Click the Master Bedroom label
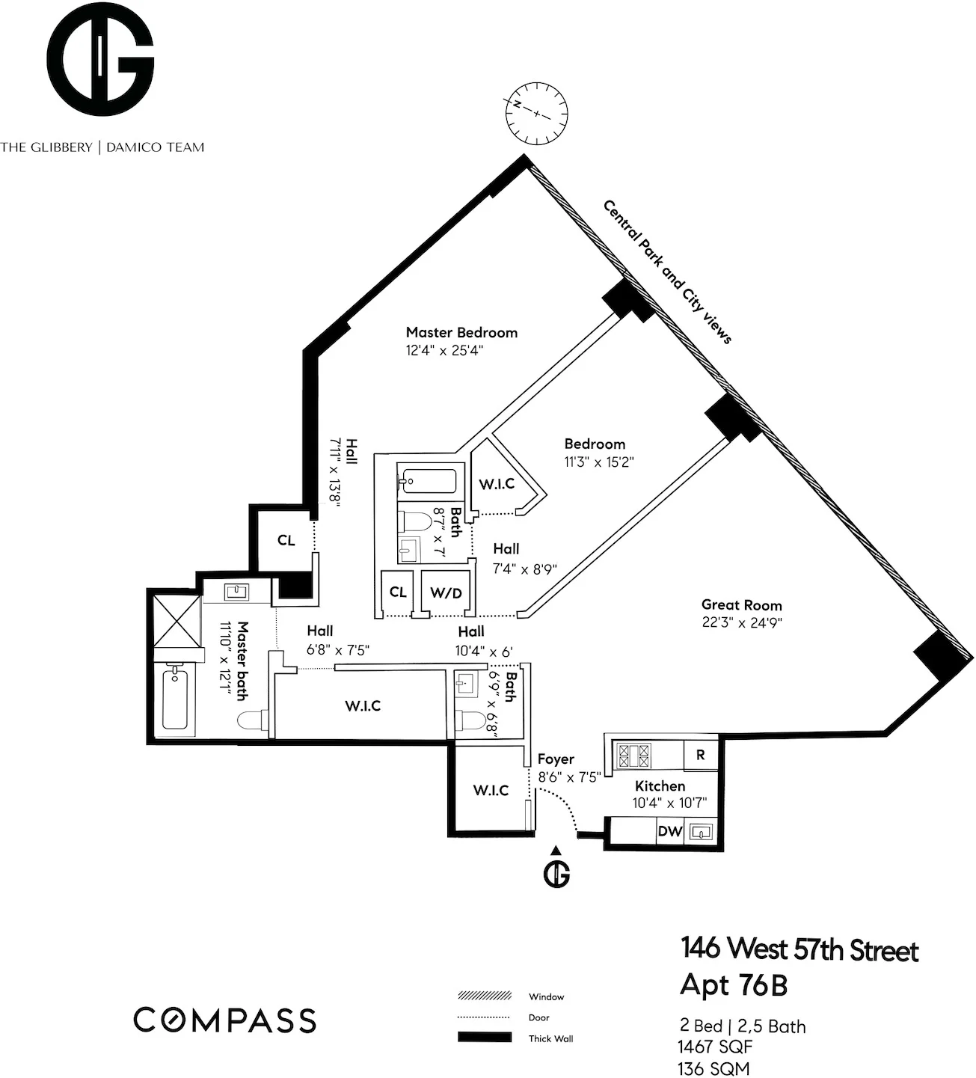pyautogui.click(x=461, y=333)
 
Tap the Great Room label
pyautogui.click(x=741, y=605)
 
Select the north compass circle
pyautogui.click(x=536, y=113)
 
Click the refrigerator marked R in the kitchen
pyautogui.click(x=700, y=755)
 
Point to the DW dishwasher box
pyautogui.click(x=669, y=832)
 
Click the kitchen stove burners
pyautogui.click(x=634, y=755)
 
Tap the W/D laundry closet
pyautogui.click(x=446, y=592)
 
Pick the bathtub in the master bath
pyautogui.click(x=175, y=697)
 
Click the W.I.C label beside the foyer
pyautogui.click(x=491, y=790)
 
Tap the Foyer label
pyautogui.click(x=556, y=759)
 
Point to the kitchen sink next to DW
pyautogui.click(x=701, y=833)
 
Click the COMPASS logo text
pyautogui.click(x=224, y=1020)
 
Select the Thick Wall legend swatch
pyautogui.click(x=484, y=1037)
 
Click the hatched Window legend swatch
pyautogui.click(x=484, y=996)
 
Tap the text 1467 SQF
pyautogui.click(x=715, y=1047)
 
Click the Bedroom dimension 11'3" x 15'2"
pyautogui.click(x=599, y=462)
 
